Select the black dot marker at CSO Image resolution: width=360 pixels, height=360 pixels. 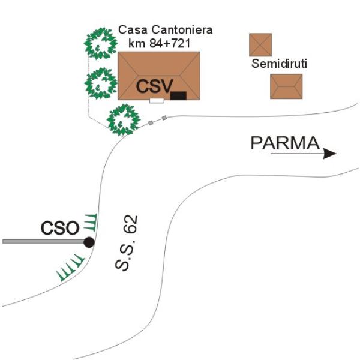point(89,242)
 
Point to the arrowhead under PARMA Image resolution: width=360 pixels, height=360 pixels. point(329,154)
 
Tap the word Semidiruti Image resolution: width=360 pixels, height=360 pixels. point(279,64)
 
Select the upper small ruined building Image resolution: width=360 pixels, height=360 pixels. point(260,45)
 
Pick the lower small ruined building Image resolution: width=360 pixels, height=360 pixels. point(286,86)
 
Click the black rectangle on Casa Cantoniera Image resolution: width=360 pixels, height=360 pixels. point(178,95)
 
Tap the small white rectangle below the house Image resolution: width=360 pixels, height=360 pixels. point(157,101)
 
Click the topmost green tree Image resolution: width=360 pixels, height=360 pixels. point(100,43)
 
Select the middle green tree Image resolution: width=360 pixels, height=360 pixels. point(100,82)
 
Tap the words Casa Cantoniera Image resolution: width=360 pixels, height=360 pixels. point(165,29)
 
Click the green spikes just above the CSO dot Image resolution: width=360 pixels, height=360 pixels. point(89,223)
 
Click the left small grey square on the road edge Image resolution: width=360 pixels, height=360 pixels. point(151,123)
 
